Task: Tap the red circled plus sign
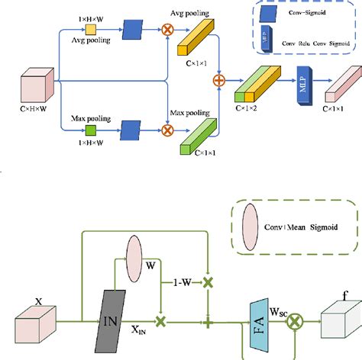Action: tap(219, 79)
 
